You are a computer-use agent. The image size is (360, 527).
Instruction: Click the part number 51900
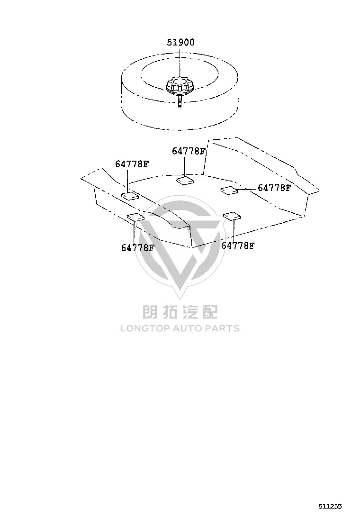(x=180, y=42)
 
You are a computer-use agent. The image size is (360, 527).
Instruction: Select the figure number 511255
(x=330, y=506)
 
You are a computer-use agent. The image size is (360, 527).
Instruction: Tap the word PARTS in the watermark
(x=222, y=328)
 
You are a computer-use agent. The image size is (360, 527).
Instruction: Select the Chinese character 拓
(x=171, y=311)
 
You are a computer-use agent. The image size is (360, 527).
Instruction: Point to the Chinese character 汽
(x=190, y=311)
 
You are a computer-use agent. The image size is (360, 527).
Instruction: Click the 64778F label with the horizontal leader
(x=274, y=188)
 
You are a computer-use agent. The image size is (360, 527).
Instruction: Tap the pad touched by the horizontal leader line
(x=229, y=190)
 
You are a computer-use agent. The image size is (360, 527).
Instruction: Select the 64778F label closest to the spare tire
(x=189, y=151)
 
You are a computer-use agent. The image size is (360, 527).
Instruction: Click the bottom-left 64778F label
(x=138, y=248)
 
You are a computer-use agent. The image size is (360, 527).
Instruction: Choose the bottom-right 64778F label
(x=238, y=245)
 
